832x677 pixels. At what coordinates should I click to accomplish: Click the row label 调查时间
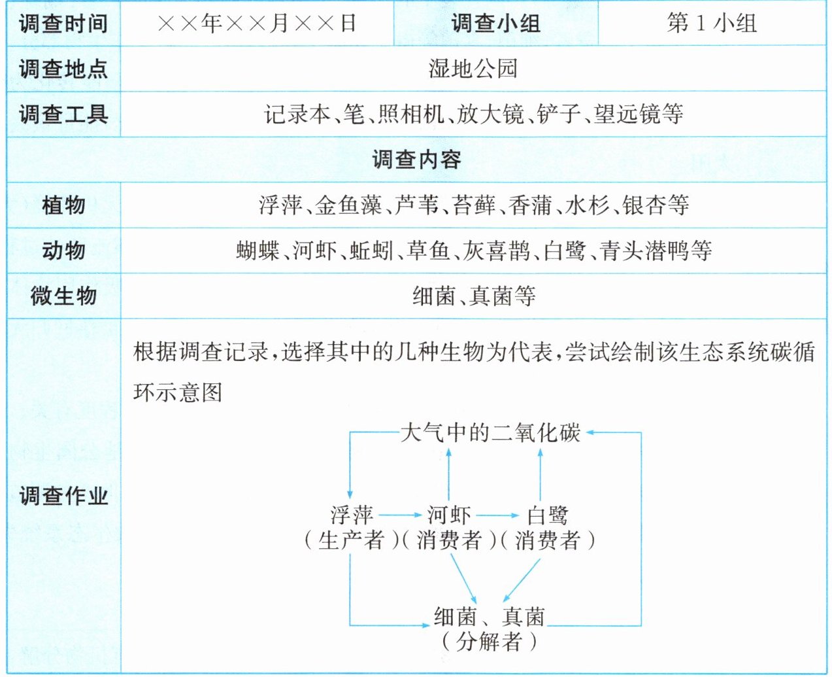(x=63, y=24)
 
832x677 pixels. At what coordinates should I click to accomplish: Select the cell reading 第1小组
(x=712, y=23)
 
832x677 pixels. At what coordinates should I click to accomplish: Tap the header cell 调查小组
(x=495, y=23)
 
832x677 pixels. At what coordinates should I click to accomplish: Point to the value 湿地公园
(x=473, y=69)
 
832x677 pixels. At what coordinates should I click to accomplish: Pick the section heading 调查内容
(x=416, y=160)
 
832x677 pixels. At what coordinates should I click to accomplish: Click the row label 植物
(x=63, y=205)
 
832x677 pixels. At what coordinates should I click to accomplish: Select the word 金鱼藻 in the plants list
(x=348, y=205)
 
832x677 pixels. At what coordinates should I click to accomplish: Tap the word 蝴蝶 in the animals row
(x=258, y=251)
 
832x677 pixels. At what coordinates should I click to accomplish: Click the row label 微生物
(x=63, y=296)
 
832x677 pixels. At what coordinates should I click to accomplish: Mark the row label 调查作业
(x=63, y=496)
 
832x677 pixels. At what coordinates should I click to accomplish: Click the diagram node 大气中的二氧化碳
(x=491, y=433)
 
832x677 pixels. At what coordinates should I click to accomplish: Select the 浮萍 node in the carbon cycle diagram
(x=352, y=515)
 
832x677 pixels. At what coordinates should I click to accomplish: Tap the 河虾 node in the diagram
(x=449, y=515)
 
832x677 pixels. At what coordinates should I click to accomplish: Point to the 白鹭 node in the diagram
(x=547, y=515)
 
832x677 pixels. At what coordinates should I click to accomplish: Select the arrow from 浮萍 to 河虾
(x=401, y=515)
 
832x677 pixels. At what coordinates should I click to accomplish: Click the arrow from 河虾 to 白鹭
(x=497, y=515)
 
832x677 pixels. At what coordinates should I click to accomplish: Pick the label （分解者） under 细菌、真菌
(x=490, y=642)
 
